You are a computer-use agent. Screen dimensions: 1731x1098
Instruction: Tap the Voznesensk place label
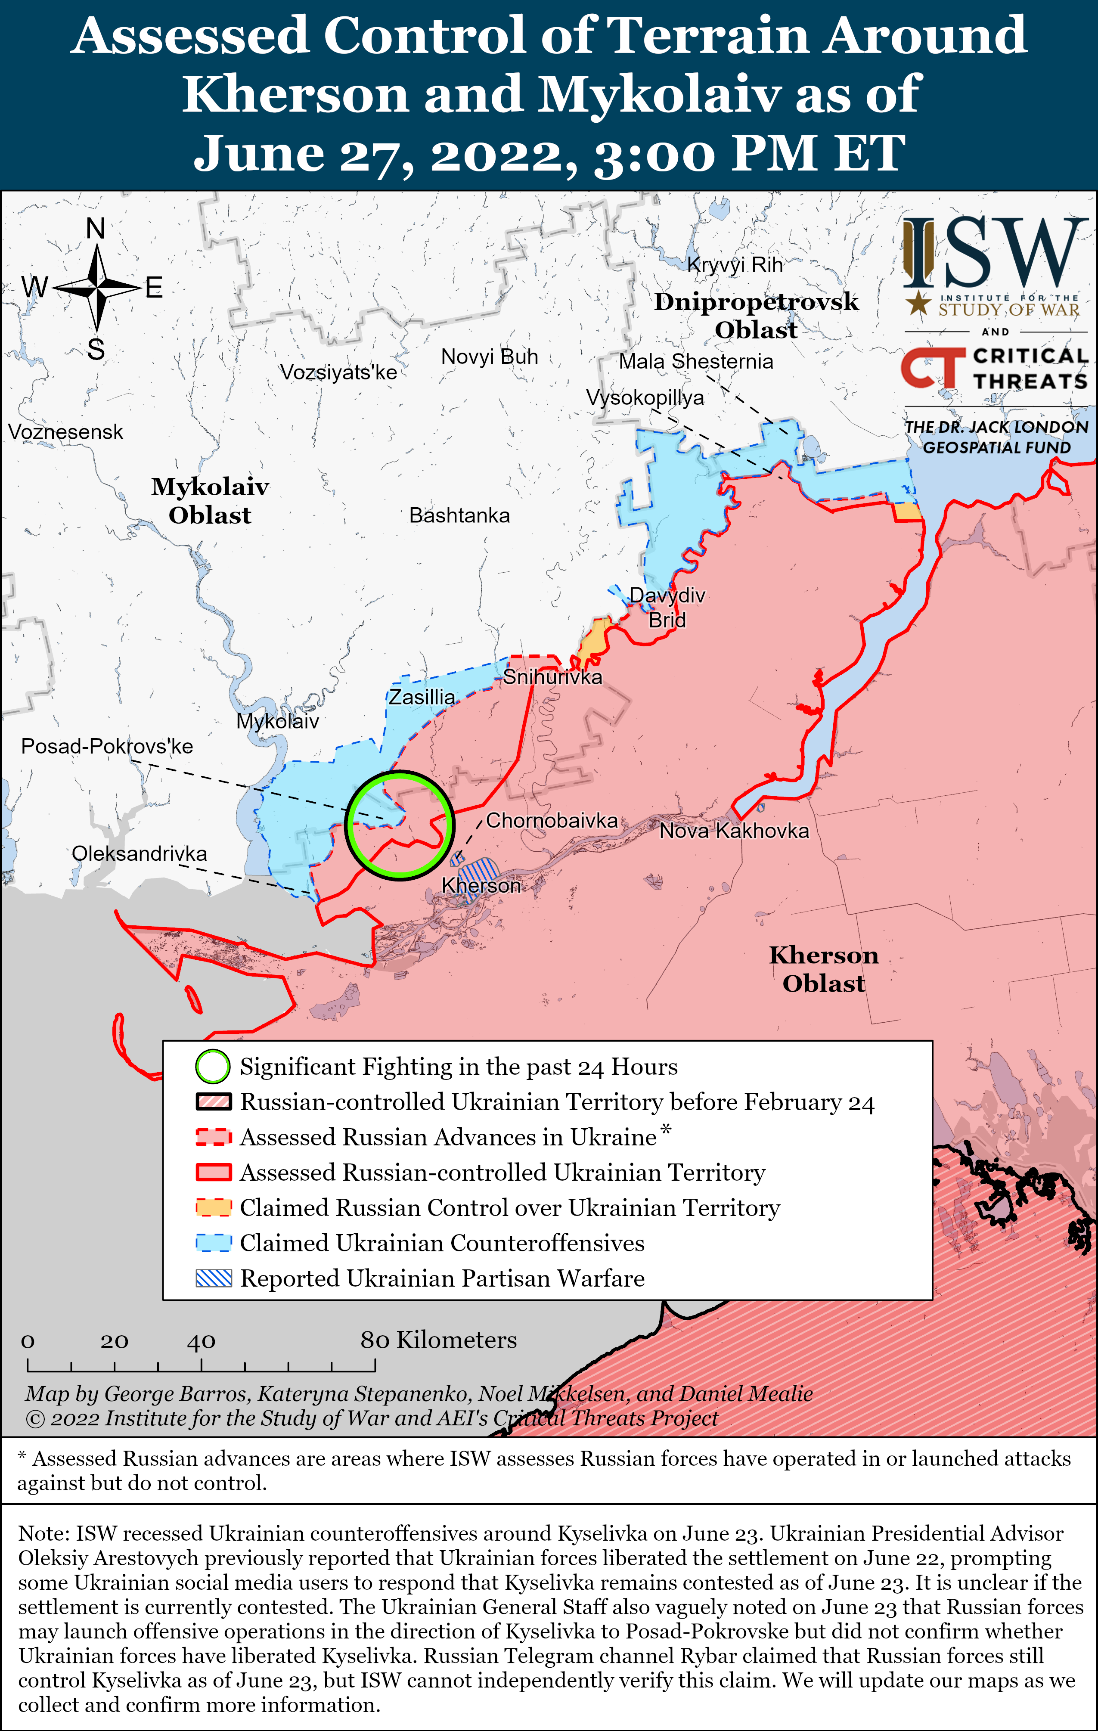[x=65, y=432]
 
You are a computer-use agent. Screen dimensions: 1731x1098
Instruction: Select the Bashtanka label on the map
[x=459, y=515]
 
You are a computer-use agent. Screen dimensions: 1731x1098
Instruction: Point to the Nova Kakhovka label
[x=734, y=831]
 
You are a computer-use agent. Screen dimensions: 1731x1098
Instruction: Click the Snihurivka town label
[x=552, y=677]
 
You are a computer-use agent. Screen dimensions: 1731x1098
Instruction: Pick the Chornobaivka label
[x=552, y=820]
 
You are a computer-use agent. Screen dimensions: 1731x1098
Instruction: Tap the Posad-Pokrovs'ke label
[x=107, y=746]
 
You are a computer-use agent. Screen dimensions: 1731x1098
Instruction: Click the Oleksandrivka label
[x=140, y=853]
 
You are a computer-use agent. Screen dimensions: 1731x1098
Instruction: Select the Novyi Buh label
[x=490, y=357]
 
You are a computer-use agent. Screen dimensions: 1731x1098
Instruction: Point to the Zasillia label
[x=422, y=697]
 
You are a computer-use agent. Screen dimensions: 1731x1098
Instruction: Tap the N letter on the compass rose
[x=96, y=229]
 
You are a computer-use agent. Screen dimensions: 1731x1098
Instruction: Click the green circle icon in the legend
[x=213, y=1067]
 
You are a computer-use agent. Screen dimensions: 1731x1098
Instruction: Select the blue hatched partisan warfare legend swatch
[x=214, y=1278]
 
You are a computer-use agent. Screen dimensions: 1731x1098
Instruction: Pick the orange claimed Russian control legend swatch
[x=214, y=1208]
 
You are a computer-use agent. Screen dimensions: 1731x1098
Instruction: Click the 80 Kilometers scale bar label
[x=439, y=1340]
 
